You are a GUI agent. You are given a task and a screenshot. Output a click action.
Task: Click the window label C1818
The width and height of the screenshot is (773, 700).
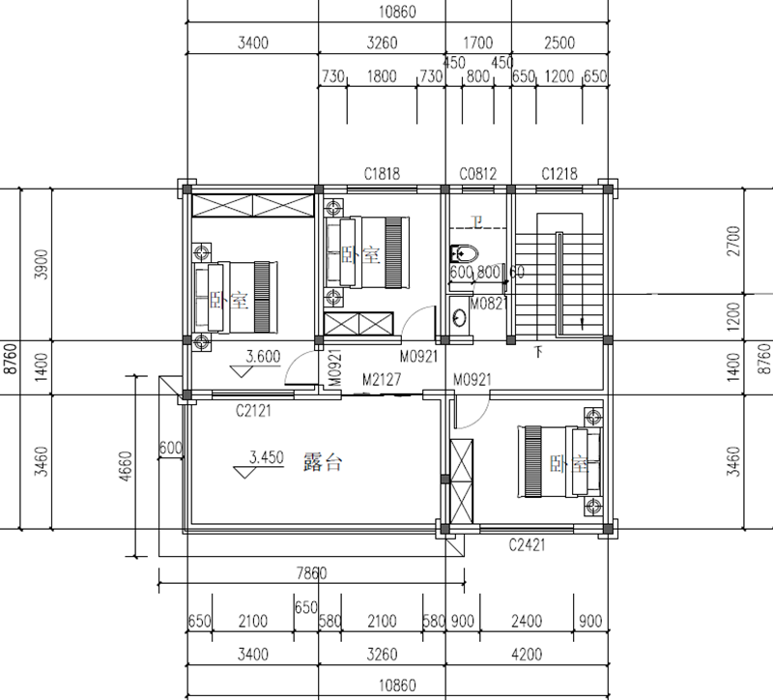[x=382, y=174]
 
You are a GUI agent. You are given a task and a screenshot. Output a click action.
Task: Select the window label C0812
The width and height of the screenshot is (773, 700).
[x=477, y=174]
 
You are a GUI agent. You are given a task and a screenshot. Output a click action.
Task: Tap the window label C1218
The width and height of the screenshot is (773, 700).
[x=559, y=174]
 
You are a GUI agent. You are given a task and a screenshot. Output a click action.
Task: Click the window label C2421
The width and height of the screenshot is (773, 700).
[x=528, y=545]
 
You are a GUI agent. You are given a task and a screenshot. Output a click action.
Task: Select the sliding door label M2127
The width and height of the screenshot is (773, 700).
[x=381, y=379]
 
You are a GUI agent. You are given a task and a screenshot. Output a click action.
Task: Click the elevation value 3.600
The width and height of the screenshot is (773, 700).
[x=263, y=356]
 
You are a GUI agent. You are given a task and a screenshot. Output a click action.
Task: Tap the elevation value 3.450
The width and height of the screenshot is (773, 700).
[x=266, y=455]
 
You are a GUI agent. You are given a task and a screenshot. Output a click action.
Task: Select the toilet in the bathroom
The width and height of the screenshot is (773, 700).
[x=463, y=254]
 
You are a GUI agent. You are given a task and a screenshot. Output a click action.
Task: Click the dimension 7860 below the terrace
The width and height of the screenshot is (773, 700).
[x=310, y=572]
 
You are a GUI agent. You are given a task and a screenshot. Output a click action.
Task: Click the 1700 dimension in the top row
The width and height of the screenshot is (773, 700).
[x=477, y=43]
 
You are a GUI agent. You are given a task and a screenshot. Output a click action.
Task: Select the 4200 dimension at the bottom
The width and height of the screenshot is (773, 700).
[x=527, y=655]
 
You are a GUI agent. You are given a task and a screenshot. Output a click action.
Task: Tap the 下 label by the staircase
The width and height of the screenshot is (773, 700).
[x=538, y=351]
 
